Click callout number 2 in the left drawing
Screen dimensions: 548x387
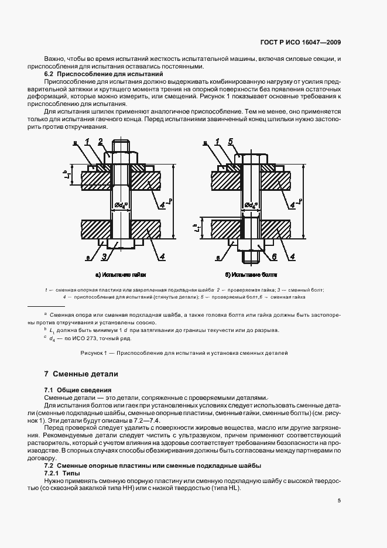[101, 142]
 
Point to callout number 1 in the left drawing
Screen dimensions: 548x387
[86, 142]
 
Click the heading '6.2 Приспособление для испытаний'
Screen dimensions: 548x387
[104, 75]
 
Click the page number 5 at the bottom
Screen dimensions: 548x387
[340, 501]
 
